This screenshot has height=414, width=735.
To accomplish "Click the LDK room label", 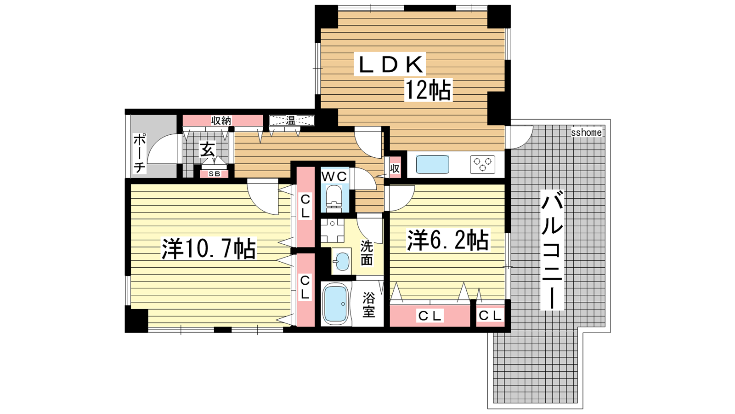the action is [x=390, y=64].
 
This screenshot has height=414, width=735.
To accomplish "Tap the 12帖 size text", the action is [x=428, y=90].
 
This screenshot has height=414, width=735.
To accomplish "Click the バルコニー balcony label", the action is [x=552, y=250].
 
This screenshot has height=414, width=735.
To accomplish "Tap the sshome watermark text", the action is [x=586, y=132].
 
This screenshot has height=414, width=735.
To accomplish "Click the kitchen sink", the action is [x=432, y=164].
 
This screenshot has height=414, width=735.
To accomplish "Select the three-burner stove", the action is [x=482, y=164].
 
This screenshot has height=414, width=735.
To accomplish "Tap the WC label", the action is [x=334, y=177].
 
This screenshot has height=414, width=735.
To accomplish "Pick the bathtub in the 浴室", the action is [x=335, y=304].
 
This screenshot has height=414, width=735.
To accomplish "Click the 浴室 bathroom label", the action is [x=368, y=305].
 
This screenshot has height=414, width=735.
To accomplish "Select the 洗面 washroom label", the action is [x=367, y=253].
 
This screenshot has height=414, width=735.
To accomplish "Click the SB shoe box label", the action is [x=215, y=174].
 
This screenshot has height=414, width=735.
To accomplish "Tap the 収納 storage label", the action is [x=221, y=121].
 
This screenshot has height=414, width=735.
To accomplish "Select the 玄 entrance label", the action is [x=208, y=150].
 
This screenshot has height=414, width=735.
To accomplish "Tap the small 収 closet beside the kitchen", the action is [x=395, y=168].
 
